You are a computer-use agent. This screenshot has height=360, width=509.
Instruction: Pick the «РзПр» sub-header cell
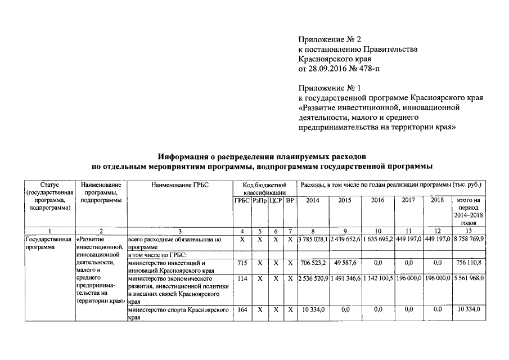259,200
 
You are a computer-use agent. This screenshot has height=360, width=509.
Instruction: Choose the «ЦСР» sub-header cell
275,200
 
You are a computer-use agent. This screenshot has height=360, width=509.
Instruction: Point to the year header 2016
377,200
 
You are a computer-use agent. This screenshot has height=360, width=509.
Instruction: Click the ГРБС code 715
243,263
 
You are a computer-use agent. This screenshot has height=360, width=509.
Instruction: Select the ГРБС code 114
243,278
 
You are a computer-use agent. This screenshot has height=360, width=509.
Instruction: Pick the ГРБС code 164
243,309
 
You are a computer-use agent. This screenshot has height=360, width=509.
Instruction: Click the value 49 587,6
345,263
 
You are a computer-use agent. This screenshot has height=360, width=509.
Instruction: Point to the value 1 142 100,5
377,278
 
